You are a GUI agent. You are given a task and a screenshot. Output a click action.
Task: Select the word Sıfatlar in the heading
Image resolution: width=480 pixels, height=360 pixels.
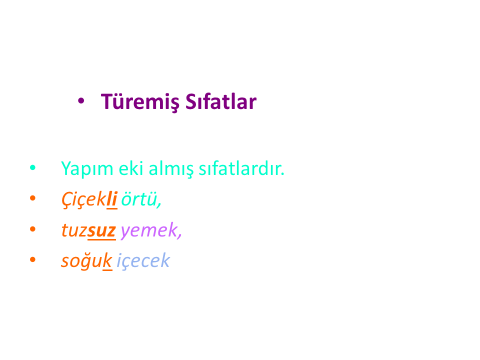click(x=221, y=101)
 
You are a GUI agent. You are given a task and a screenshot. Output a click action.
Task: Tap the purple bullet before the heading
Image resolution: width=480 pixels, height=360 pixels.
click(x=81, y=100)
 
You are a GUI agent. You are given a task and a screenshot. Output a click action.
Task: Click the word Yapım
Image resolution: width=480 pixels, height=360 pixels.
click(x=87, y=169)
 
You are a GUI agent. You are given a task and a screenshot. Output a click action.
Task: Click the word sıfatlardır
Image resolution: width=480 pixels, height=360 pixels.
click(x=241, y=168)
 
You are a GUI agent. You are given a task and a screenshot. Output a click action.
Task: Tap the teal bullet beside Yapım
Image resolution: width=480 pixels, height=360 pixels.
click(x=33, y=167)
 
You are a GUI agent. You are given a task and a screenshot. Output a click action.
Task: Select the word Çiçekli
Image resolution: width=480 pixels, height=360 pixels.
click(x=89, y=199)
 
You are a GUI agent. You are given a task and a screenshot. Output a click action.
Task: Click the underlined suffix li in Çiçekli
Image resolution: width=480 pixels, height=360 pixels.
click(x=112, y=199)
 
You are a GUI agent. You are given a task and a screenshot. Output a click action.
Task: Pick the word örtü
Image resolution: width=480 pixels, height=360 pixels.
click(x=141, y=199)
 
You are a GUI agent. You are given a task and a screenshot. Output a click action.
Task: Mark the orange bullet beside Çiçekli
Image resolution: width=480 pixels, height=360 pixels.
click(x=33, y=198)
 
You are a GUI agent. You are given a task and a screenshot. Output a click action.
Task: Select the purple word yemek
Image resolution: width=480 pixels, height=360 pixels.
click(x=151, y=230)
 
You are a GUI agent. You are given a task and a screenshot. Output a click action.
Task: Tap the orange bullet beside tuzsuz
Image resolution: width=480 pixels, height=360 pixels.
click(x=33, y=229)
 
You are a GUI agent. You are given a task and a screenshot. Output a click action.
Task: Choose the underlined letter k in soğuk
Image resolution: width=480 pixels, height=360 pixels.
click(x=107, y=260)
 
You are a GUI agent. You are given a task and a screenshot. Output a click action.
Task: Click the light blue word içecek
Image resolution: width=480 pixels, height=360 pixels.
click(x=143, y=261)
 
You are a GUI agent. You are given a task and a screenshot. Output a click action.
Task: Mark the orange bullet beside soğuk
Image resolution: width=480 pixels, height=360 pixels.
click(x=33, y=259)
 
